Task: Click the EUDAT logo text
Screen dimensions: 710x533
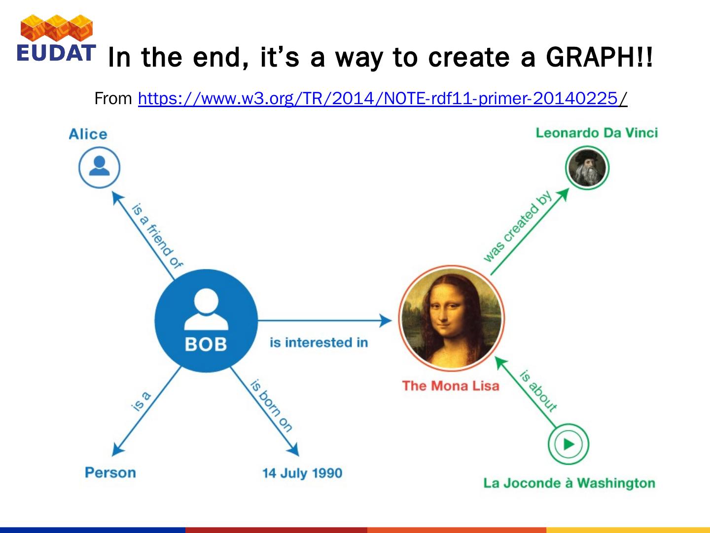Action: coord(56,53)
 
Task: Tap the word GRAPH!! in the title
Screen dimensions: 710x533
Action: coord(600,57)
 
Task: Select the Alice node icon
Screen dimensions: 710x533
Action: coord(99,167)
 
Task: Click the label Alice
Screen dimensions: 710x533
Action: coord(88,134)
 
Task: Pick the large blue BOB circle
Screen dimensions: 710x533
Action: coord(206,321)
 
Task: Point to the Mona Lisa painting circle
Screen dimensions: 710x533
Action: coord(451,318)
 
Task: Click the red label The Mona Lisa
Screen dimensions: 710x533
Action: coord(451,386)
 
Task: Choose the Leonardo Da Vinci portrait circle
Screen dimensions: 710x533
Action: coord(587,168)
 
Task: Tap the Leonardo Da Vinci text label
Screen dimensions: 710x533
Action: coord(597,133)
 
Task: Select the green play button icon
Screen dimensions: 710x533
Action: coord(568,444)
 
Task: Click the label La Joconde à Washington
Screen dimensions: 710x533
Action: coord(569,483)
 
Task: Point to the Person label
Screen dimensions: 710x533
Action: coord(110,472)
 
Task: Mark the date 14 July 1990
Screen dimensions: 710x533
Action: coord(302,473)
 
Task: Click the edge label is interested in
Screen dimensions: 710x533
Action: coord(319,343)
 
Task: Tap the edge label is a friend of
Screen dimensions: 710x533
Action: coord(157,236)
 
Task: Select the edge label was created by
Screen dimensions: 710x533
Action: coord(517,226)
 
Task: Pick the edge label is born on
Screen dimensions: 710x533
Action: coord(271,406)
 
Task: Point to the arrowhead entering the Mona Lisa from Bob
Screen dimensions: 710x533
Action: coord(386,320)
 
